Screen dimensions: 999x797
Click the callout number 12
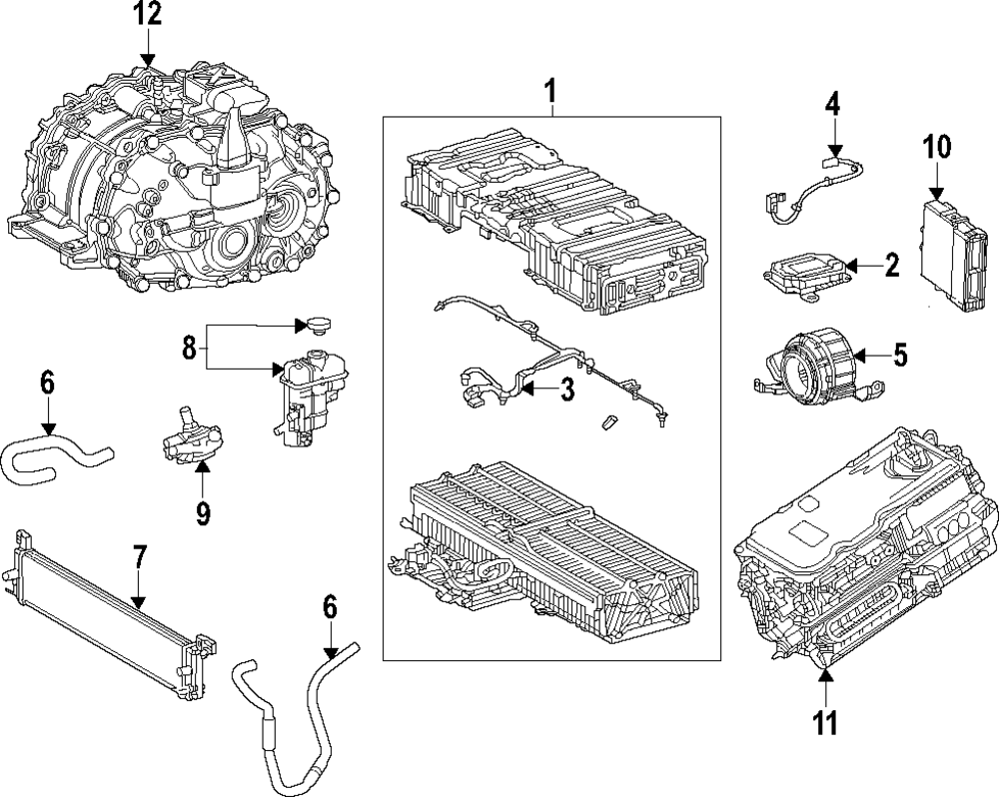148,14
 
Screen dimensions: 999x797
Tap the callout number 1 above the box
550,92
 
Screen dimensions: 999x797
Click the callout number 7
139,558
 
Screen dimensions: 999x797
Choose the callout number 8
189,350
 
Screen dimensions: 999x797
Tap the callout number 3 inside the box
566,389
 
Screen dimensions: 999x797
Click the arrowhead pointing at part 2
854,265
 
